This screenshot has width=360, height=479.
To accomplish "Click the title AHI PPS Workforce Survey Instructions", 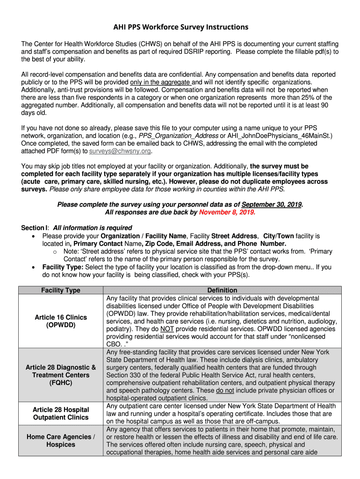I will [x=180, y=27].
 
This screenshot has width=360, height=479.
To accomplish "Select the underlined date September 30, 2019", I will [x=272, y=204].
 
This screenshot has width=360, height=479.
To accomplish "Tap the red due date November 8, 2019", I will [x=227, y=212].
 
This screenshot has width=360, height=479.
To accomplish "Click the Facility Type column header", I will [x=60, y=290].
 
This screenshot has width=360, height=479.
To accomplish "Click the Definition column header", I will [x=222, y=290].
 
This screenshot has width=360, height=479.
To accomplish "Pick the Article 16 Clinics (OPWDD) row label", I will [x=60, y=321].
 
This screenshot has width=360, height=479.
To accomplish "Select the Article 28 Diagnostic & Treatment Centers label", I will [x=60, y=375].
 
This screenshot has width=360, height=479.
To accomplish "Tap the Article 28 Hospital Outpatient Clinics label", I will [x=60, y=414].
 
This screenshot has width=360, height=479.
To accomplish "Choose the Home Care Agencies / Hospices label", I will [x=60, y=441].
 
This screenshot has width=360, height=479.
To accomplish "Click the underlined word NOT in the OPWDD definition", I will [x=167, y=329].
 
